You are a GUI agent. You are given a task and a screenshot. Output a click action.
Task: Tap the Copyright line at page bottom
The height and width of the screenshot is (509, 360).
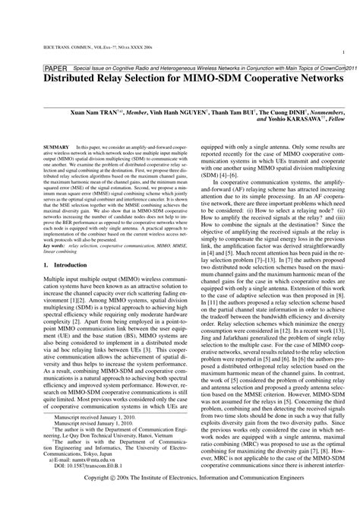point(180,499)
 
